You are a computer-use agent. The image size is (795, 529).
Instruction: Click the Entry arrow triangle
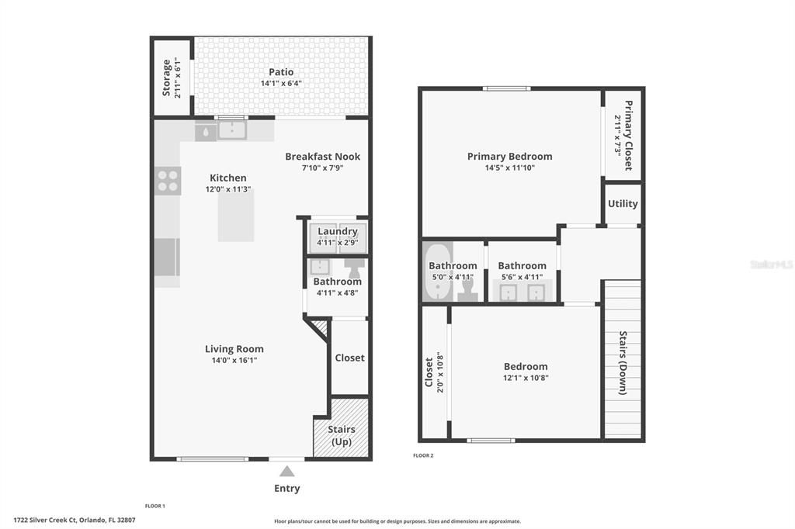[x=286, y=471]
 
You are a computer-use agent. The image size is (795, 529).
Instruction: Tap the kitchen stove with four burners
[x=168, y=181]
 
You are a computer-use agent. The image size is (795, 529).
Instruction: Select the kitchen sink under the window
[x=231, y=130]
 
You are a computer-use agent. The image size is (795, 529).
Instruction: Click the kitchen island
[x=235, y=215]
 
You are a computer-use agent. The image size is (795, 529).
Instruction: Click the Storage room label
[x=167, y=78]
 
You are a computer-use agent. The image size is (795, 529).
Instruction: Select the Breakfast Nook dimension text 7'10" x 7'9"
[x=322, y=168]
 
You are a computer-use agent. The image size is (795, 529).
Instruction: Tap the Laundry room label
[x=337, y=231]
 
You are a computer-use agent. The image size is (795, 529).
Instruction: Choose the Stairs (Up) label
[x=341, y=435]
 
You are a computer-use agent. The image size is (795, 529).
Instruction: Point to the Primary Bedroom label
[x=509, y=157]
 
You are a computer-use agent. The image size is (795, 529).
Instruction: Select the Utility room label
[x=623, y=204]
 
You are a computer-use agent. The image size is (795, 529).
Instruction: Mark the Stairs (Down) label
[x=623, y=363]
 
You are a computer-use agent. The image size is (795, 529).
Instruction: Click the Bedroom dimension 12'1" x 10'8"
[x=525, y=378]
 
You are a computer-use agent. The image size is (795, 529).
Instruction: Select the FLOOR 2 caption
[x=423, y=455]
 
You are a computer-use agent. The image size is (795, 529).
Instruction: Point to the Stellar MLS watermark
[x=771, y=264]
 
